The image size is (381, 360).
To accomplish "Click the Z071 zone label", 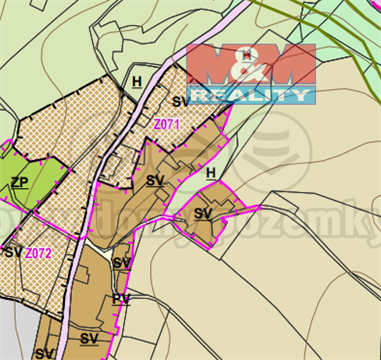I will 166,125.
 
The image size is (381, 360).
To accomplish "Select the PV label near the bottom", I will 121,298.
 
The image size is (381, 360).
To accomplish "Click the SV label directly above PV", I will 121,263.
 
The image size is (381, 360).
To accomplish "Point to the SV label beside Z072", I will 12,252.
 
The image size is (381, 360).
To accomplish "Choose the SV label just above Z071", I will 181,102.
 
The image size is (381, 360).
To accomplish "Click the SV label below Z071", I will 154,181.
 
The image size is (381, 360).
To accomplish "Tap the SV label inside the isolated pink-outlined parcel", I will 203,214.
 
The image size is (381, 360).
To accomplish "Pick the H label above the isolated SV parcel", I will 210,174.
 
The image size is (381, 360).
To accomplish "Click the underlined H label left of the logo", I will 136,82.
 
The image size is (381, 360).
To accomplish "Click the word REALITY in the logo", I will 250,95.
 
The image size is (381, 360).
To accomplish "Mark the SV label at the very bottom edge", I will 43,353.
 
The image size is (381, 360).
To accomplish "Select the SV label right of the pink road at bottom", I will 90,338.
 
